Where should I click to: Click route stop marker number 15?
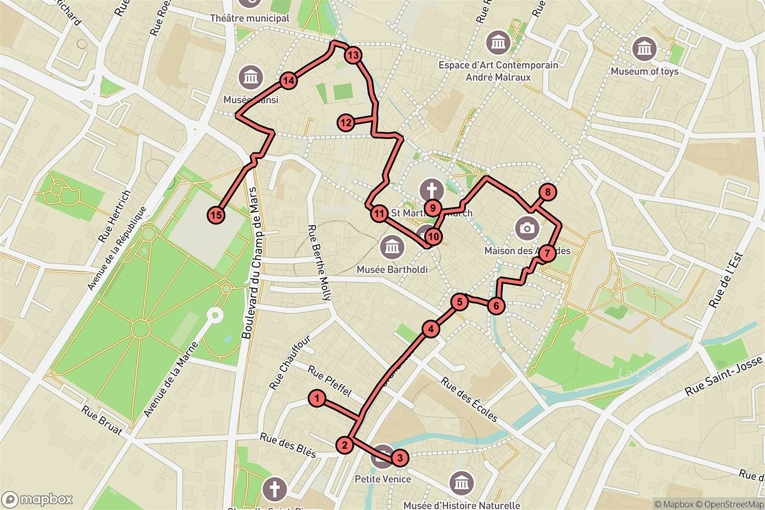[x=217, y=215]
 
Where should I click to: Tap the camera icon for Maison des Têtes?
[x=527, y=228]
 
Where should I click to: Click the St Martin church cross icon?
[x=432, y=189]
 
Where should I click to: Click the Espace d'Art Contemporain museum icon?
[x=498, y=42]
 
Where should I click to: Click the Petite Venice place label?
[x=382, y=479]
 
